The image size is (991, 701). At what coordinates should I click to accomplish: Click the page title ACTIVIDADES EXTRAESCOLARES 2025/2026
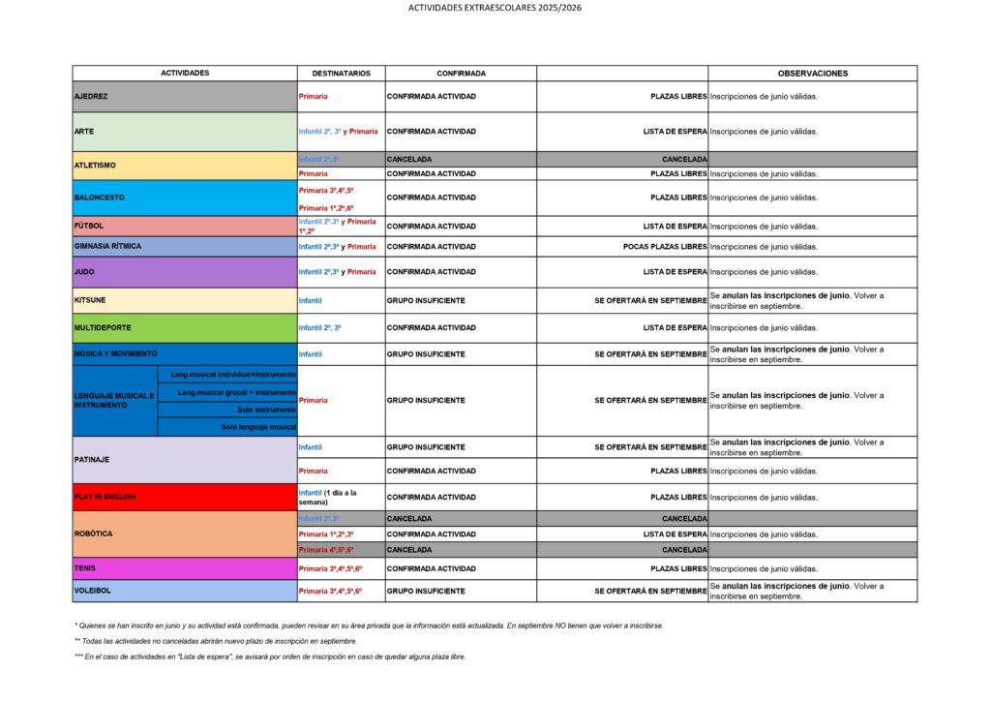(x=495, y=8)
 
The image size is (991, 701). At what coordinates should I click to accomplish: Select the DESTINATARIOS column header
(x=341, y=73)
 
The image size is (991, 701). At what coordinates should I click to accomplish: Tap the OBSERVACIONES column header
(x=812, y=73)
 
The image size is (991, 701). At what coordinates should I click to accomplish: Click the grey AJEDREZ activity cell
(x=185, y=97)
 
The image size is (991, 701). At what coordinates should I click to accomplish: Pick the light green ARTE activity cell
(x=185, y=132)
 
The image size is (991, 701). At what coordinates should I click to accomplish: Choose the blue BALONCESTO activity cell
(x=185, y=198)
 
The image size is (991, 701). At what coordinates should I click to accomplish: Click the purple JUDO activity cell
(x=185, y=272)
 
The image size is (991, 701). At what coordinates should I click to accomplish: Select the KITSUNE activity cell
(x=185, y=301)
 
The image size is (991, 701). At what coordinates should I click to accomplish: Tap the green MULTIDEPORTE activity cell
(x=185, y=328)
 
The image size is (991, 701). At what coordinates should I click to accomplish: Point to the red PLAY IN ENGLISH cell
(x=185, y=497)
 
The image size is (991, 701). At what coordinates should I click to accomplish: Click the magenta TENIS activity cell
(x=185, y=568)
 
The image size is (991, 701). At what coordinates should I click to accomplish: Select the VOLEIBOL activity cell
(x=185, y=591)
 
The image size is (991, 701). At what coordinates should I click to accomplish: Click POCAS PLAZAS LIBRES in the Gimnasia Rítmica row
(x=665, y=247)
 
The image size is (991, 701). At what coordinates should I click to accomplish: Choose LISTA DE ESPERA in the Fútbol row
(x=675, y=227)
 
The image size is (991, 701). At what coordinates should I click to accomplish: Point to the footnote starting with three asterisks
(x=270, y=656)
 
